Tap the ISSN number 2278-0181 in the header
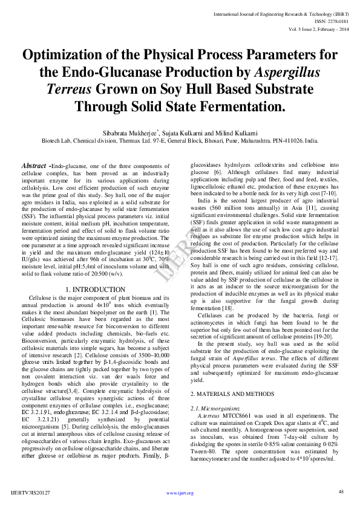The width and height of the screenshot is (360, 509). coord(333,21)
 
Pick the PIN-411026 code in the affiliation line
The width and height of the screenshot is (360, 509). coord(285,140)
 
